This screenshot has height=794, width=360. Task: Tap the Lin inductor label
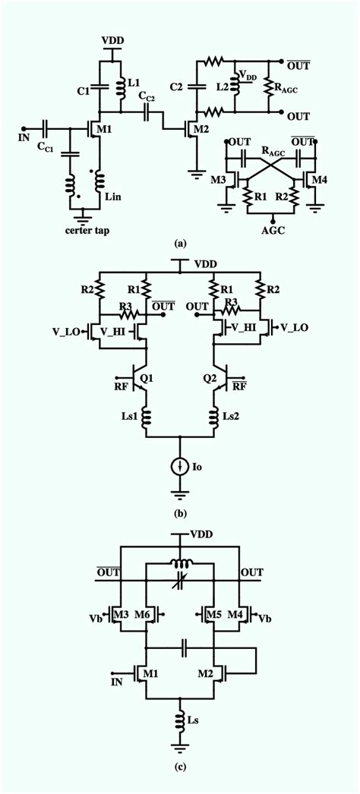(112, 196)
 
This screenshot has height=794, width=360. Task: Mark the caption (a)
(180, 244)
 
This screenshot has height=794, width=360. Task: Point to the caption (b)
(180, 514)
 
